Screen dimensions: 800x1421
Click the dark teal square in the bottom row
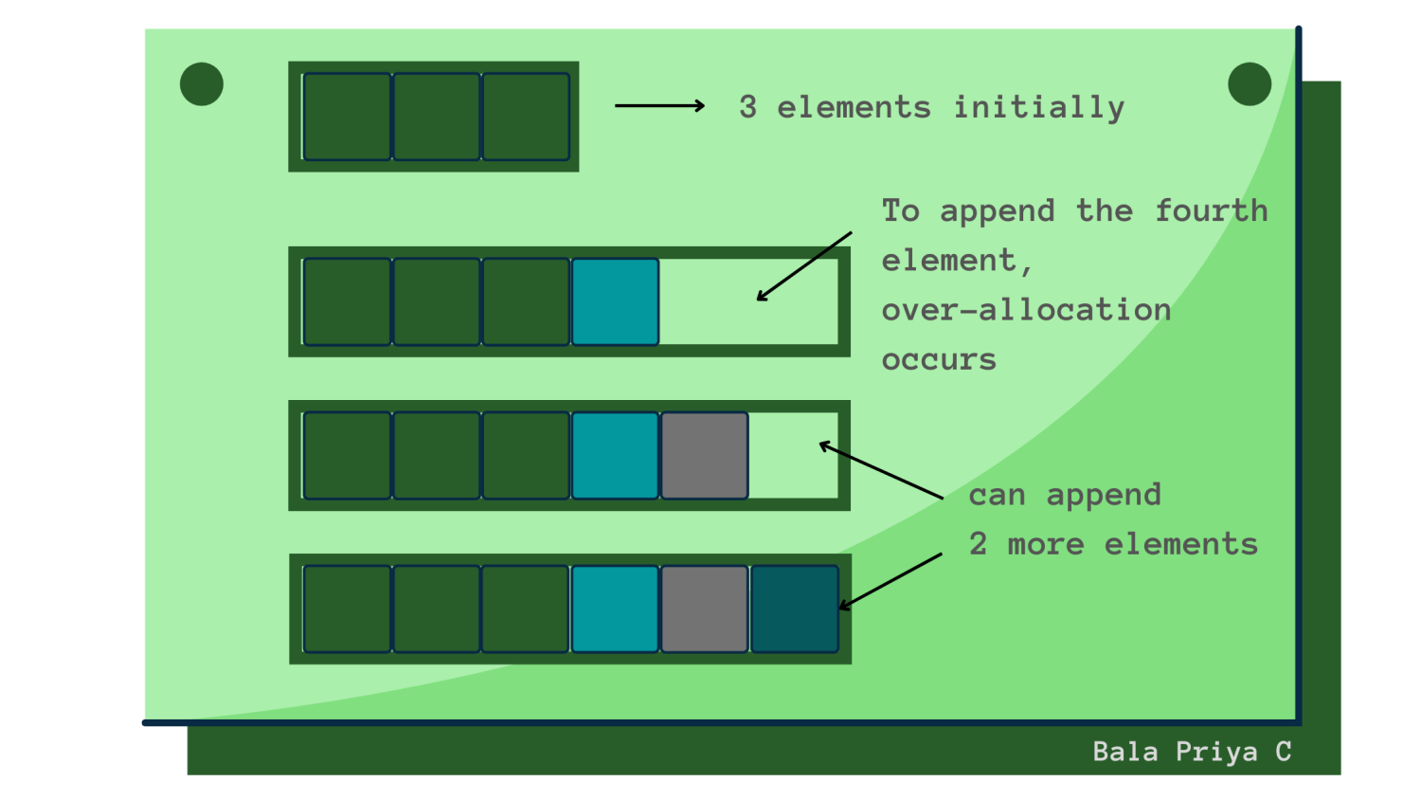pyautogui.click(x=794, y=609)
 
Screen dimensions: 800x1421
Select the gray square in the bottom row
pyautogui.click(x=705, y=609)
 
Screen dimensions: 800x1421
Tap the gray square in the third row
pyautogui.click(x=705, y=455)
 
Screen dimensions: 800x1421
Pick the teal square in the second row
pyautogui.click(x=615, y=301)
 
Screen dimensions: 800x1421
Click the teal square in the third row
pyautogui.click(x=615, y=455)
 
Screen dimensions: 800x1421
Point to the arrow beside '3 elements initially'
pyautogui.click(x=660, y=105)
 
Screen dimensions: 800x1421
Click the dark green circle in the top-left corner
pyautogui.click(x=202, y=84)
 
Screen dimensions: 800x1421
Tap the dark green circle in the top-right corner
pyautogui.click(x=1250, y=84)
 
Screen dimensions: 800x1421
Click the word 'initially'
pyautogui.click(x=1038, y=107)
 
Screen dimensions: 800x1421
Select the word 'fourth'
pyautogui.click(x=1211, y=209)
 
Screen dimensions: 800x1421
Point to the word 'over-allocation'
pyautogui.click(x=1026, y=309)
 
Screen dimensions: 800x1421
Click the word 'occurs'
pyautogui.click(x=939, y=359)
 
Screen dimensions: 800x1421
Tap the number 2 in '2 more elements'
pyautogui.click(x=978, y=544)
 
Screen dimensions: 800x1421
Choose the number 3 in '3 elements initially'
pyautogui.click(x=747, y=107)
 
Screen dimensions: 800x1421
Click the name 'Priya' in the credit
pyautogui.click(x=1216, y=752)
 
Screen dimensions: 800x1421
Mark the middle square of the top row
pyautogui.click(x=437, y=117)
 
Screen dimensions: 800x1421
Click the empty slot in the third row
pyautogui.click(x=793, y=455)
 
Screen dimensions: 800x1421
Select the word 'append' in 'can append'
pyautogui.click(x=1104, y=495)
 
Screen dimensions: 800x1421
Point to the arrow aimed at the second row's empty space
pyautogui.click(x=803, y=266)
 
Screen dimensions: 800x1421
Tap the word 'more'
pyautogui.click(x=1045, y=544)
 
